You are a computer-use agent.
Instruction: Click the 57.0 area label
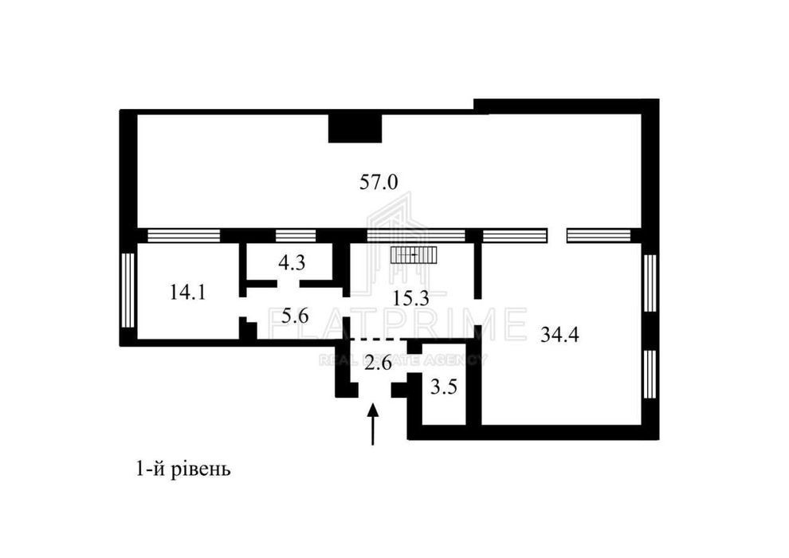(x=379, y=182)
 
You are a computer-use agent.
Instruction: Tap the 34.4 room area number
(x=559, y=334)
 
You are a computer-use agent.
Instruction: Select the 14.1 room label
(x=187, y=292)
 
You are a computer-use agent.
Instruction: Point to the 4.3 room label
(x=292, y=262)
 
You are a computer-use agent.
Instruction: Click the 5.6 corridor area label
(x=295, y=316)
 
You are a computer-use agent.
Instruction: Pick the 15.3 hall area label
(x=410, y=299)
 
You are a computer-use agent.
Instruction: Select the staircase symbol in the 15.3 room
(x=414, y=255)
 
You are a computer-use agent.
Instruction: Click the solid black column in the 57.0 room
(x=355, y=128)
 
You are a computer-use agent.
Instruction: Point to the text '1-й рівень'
(x=183, y=470)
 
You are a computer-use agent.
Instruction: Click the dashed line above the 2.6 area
(x=379, y=340)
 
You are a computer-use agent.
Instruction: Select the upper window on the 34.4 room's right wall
(x=650, y=282)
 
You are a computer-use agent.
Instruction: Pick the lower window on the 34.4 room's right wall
(x=650, y=375)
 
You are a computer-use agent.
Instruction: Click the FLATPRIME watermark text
(x=398, y=324)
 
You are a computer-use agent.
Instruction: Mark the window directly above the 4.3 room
(x=296, y=235)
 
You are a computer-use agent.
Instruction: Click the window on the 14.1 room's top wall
(x=183, y=235)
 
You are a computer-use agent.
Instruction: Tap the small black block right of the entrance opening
(x=401, y=391)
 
